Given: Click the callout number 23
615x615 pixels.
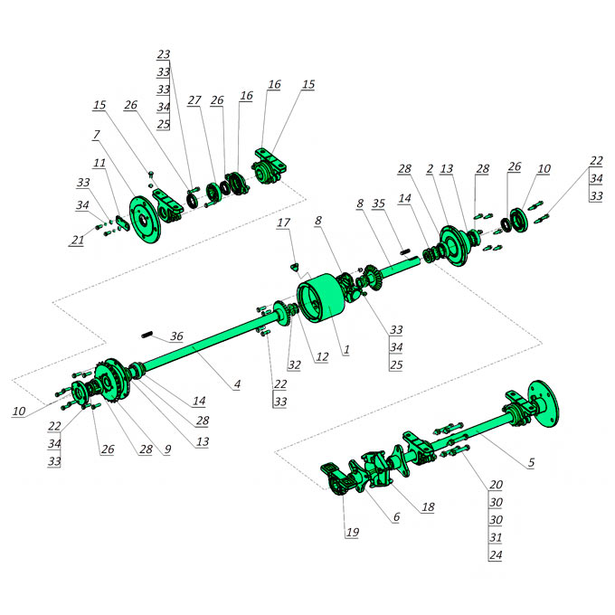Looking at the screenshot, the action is click(x=164, y=54).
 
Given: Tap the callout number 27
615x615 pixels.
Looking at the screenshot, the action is click(x=194, y=100).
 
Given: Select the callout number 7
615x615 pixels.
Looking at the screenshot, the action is click(x=97, y=135).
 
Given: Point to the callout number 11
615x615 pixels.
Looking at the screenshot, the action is click(x=99, y=163).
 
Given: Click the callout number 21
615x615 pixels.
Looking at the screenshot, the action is click(x=78, y=240).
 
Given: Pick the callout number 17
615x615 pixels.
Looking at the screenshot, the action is click(x=284, y=222).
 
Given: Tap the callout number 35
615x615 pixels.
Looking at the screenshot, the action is click(x=378, y=203).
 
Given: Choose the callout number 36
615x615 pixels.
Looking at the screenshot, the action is click(x=176, y=336).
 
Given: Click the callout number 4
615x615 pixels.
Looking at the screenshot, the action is click(x=237, y=384).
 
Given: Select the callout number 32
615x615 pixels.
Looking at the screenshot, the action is click(x=294, y=365).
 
